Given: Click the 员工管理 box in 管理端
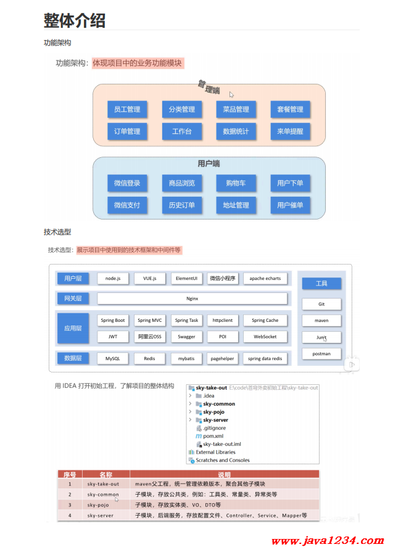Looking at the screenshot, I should [127, 109].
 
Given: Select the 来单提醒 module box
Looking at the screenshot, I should [290, 131].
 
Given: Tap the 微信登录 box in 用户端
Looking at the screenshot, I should [127, 183].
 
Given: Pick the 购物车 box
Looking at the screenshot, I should [236, 183].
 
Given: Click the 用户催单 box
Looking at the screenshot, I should [290, 205].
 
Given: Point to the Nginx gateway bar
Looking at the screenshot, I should [192, 298].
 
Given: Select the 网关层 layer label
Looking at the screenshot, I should [73, 298].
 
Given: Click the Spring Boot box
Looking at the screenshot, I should [112, 320].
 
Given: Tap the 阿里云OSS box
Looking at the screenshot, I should [149, 337].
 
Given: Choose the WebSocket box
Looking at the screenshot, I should [265, 337].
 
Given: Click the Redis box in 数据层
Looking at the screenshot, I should [149, 358].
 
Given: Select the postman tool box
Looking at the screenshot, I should [321, 354].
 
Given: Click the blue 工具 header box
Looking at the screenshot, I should [321, 283].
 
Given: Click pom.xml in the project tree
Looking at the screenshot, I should [213, 435].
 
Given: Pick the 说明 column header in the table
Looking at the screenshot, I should [224, 474].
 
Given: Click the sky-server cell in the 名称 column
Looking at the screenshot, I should [100, 516].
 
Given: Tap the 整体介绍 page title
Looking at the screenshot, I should [74, 20].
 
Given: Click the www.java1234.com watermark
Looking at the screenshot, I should [323, 541].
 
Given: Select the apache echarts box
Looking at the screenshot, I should [265, 278].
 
